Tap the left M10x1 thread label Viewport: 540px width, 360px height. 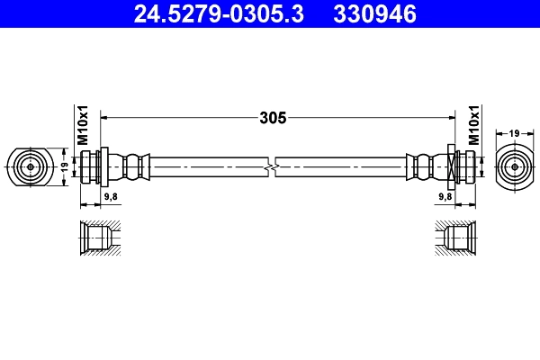[82, 126]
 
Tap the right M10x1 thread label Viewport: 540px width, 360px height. [473, 126]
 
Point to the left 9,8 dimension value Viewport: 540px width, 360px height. [111, 195]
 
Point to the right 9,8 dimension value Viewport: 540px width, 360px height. [444, 195]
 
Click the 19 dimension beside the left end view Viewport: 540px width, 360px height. [64, 166]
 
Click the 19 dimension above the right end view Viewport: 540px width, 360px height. [515, 133]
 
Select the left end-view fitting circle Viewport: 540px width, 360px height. [31, 166]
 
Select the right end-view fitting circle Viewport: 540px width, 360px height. [515, 166]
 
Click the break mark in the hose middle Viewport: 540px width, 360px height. [273, 166]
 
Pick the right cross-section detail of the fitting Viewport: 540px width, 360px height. [457, 238]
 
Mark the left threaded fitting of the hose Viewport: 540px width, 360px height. [92, 166]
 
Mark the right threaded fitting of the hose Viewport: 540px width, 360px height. [461, 166]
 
